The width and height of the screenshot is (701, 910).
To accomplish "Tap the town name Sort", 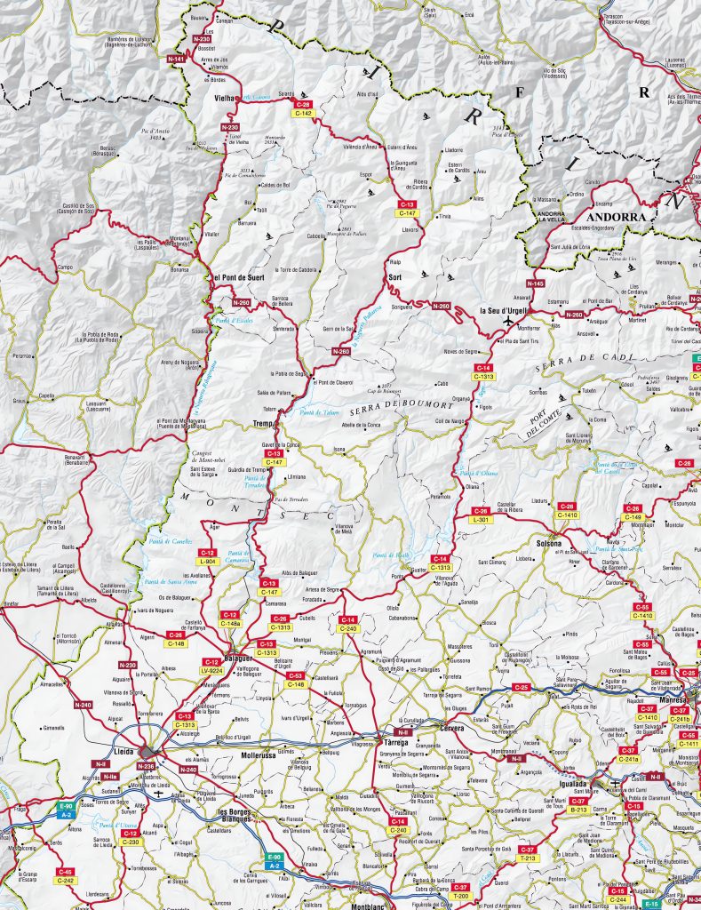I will click(x=396, y=278).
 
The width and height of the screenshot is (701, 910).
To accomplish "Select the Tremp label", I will click(x=261, y=423).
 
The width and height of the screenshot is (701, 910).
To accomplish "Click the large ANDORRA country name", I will click(x=614, y=216).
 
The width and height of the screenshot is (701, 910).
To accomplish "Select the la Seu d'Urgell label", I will click(x=504, y=310).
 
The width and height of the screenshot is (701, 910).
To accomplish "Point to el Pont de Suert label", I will click(x=238, y=277).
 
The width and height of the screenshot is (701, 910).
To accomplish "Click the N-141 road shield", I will click(x=176, y=60).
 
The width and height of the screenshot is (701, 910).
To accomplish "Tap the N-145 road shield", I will click(x=535, y=283).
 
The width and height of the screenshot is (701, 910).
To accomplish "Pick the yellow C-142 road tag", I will click(x=303, y=113).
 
